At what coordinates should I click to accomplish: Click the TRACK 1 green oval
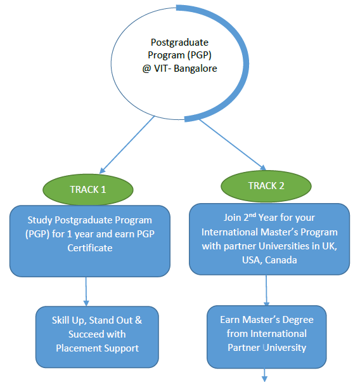click(88, 190)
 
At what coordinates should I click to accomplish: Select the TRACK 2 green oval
click(266, 186)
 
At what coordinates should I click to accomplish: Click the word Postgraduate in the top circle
click(179, 43)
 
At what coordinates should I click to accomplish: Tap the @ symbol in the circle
click(146, 69)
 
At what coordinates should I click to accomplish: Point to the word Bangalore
click(195, 69)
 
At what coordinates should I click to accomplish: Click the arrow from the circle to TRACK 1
click(127, 145)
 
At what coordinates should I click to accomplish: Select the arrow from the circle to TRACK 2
click(233, 145)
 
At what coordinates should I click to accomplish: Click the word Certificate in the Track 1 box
click(90, 248)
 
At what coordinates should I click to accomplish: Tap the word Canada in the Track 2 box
click(281, 260)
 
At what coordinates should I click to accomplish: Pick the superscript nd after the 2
click(252, 215)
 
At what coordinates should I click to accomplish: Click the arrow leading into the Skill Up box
click(86, 291)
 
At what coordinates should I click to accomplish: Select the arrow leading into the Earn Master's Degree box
click(266, 291)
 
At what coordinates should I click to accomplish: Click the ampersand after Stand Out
click(138, 320)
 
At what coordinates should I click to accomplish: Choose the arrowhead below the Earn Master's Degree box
click(264, 379)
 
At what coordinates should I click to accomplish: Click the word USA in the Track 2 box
click(252, 260)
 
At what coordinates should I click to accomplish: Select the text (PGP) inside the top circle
click(200, 55)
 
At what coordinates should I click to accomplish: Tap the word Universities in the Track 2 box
click(284, 246)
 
